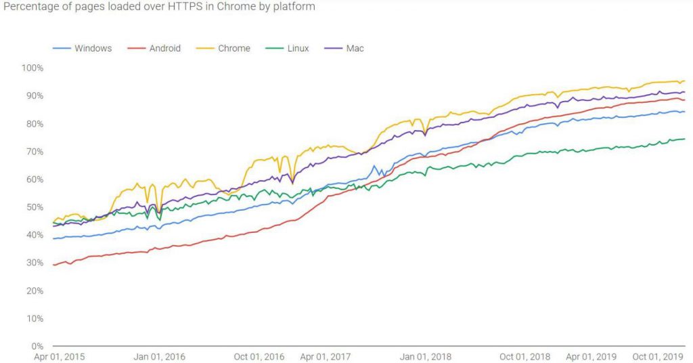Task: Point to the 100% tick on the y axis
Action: [x=32, y=68]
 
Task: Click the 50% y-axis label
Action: [x=34, y=207]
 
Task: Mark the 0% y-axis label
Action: [x=37, y=346]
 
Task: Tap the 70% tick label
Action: [x=34, y=151]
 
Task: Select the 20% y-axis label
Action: [x=34, y=291]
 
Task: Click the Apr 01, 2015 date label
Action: [x=60, y=356]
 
